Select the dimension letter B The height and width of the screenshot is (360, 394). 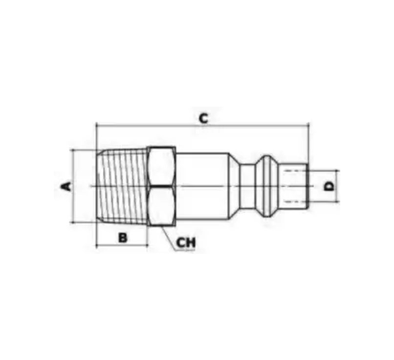pos(123,237)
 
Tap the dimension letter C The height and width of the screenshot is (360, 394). pos(203,118)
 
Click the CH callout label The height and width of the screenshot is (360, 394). pos(186,243)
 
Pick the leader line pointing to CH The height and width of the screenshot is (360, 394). pos(169,238)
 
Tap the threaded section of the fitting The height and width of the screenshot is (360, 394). pos(122,186)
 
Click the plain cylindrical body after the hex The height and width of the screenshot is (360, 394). pos(203,186)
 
